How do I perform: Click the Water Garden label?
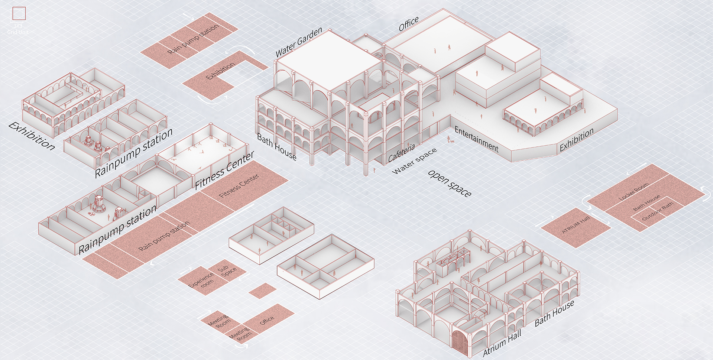[x=299, y=42]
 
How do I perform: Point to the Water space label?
[x=414, y=161]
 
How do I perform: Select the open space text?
[x=450, y=184]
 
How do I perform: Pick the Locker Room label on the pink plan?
[x=634, y=191]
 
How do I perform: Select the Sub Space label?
[x=226, y=270]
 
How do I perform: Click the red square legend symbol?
[x=19, y=14]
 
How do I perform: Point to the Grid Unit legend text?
[x=18, y=29]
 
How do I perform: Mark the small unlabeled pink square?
[x=262, y=291]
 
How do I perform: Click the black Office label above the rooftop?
[x=409, y=24]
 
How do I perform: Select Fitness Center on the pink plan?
[x=239, y=186]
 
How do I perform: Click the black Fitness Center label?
[x=224, y=171]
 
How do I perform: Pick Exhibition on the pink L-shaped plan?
[x=220, y=71]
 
